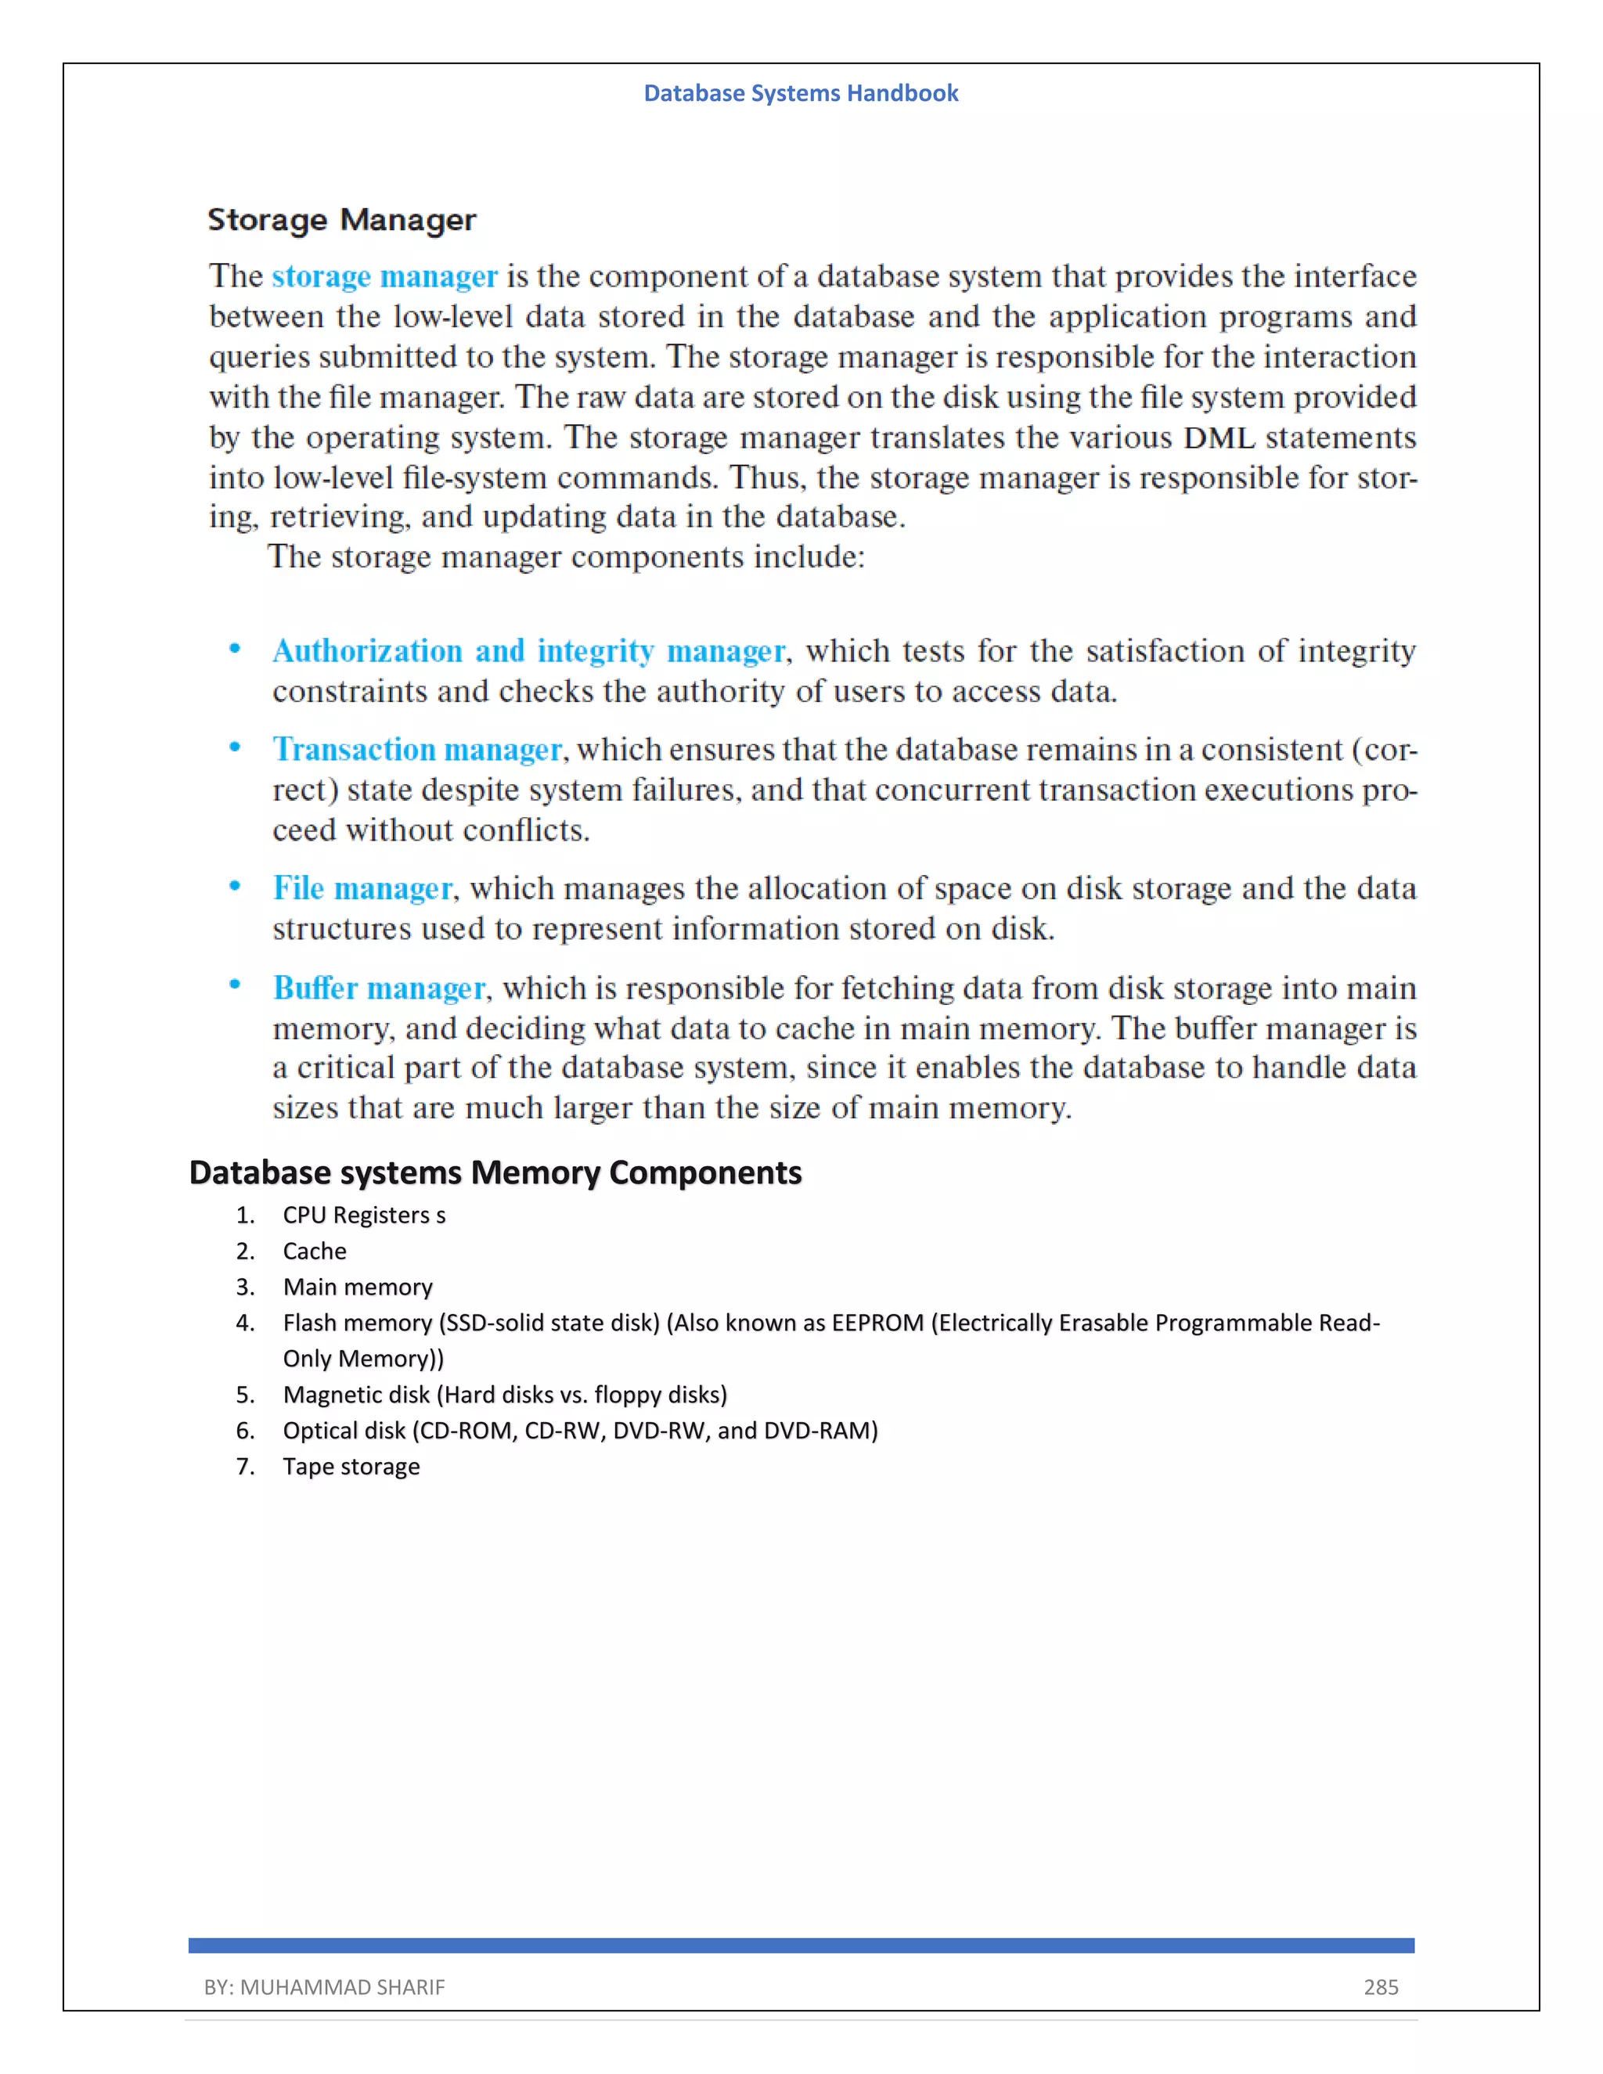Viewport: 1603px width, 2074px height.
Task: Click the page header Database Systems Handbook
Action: coord(801,93)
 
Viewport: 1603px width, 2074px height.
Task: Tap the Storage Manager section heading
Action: coord(342,221)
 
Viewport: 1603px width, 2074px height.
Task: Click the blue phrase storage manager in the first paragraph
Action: coord(384,276)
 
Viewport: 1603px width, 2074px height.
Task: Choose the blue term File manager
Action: coord(362,889)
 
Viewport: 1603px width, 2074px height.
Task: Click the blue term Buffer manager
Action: coord(379,988)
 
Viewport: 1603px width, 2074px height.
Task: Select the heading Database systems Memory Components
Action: coord(495,1173)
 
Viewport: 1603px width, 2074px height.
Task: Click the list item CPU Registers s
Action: coord(364,1215)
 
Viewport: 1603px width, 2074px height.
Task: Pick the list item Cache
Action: coord(315,1251)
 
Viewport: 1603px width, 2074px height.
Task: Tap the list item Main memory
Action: coord(357,1287)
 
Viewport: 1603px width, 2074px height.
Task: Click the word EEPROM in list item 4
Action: coord(877,1323)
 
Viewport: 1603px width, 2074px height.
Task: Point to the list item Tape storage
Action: coord(351,1467)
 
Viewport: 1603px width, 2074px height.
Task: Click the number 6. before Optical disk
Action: coord(245,1431)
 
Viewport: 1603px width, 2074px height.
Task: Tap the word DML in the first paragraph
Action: coord(1219,437)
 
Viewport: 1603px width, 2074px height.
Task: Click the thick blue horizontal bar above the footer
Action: coord(801,1946)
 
